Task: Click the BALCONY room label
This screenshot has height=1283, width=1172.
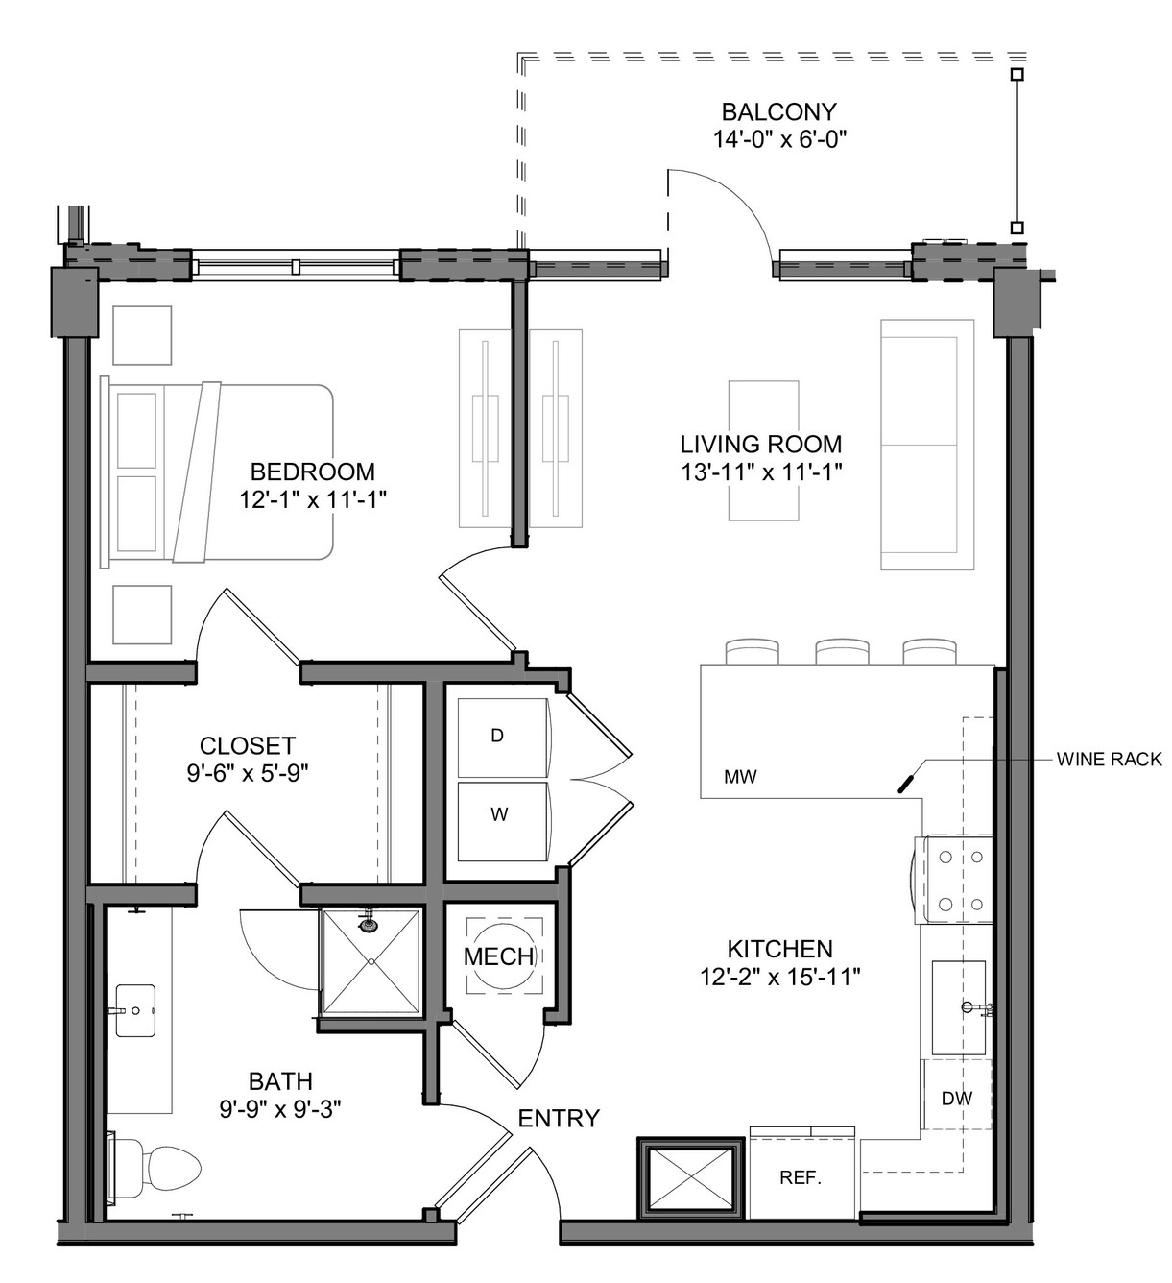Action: [x=778, y=112]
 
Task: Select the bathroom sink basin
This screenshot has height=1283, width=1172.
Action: [x=135, y=1010]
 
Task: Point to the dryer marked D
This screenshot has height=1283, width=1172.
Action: [x=503, y=738]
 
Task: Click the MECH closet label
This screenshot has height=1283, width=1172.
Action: [x=499, y=956]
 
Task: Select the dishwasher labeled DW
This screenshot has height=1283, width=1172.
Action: [x=957, y=1098]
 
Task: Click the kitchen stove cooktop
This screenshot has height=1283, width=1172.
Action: [x=954, y=880]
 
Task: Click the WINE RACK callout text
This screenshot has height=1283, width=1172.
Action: [x=1110, y=760]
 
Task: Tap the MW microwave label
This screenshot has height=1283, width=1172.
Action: [x=740, y=777]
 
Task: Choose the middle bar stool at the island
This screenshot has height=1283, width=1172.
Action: [x=842, y=651]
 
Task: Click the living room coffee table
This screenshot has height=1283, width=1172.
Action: [x=763, y=450]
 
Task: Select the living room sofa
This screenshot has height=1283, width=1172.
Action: [x=927, y=445]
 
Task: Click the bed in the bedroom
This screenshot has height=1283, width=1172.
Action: [x=217, y=472]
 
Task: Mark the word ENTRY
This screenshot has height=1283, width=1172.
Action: [x=559, y=1118]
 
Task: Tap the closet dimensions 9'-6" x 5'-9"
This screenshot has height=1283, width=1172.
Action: [x=248, y=774]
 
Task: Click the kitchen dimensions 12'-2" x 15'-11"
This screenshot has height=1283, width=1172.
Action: [x=780, y=978]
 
